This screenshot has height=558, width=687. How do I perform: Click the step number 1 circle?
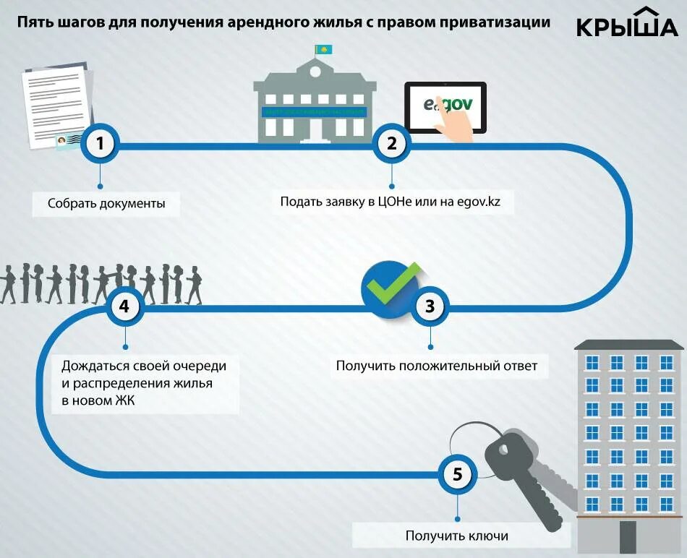pos(101,144)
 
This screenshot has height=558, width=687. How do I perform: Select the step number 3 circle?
pos(430,306)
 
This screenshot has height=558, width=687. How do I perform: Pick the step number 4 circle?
pos(124,306)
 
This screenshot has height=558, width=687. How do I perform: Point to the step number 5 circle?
pos(457,475)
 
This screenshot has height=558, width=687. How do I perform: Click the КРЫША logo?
pos(627,24)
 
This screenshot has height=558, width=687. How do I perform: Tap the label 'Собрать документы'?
pos(106,204)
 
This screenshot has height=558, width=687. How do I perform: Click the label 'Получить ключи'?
pos(456,536)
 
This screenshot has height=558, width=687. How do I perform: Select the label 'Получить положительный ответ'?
pos(437,366)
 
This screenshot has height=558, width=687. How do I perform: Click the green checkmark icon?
pos(391,284)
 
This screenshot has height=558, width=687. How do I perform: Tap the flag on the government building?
pos(323,49)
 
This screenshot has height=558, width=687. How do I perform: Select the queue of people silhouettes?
pos(101,283)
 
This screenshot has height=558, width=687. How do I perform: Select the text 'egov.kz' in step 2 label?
pos(478,202)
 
